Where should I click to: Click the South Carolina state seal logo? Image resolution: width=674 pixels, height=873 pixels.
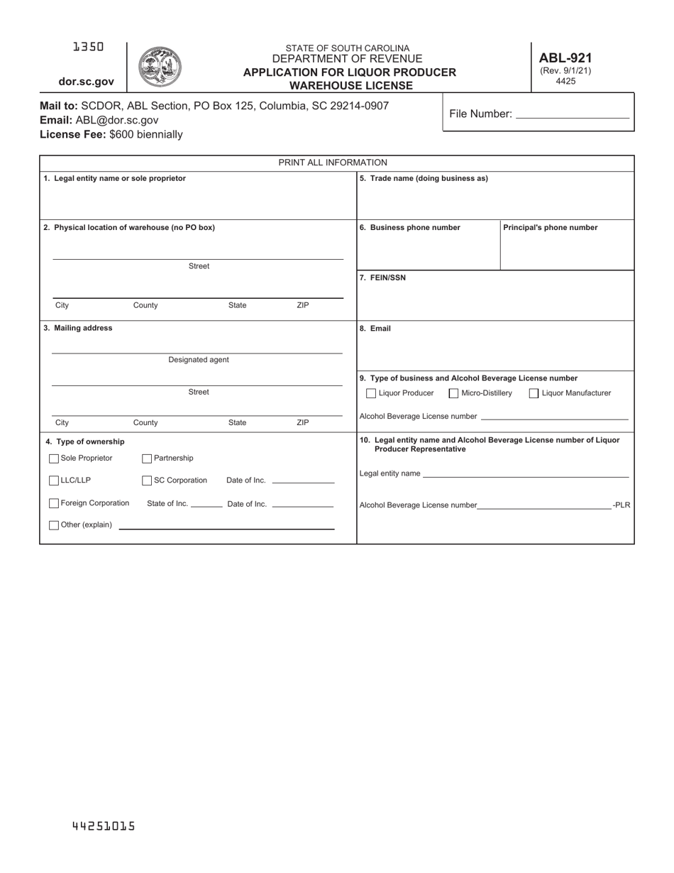(160, 67)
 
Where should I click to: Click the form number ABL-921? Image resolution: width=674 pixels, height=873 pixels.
(565, 58)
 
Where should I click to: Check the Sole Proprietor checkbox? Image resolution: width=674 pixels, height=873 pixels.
(54, 459)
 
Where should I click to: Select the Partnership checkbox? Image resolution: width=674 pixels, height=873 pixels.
(147, 459)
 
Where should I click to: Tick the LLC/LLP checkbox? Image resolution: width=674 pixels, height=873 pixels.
(54, 481)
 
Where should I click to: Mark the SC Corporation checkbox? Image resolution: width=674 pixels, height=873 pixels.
(147, 481)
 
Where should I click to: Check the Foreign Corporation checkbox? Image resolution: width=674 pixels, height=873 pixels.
(54, 503)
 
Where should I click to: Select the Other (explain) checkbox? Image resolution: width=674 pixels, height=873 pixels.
(54, 525)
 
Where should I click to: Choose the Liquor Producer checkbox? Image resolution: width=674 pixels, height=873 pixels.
(371, 393)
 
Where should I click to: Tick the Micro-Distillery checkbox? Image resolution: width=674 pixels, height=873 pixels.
(453, 393)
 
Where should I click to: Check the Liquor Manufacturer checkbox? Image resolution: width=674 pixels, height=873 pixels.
(534, 393)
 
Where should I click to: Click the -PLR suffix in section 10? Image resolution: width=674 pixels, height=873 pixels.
(621, 505)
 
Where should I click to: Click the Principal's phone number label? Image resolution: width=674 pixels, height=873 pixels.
(551, 228)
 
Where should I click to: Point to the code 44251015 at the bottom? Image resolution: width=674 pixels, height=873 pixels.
(104, 826)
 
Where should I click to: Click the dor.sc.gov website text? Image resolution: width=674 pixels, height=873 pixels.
(86, 82)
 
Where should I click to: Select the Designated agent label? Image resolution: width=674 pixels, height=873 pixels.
(199, 360)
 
